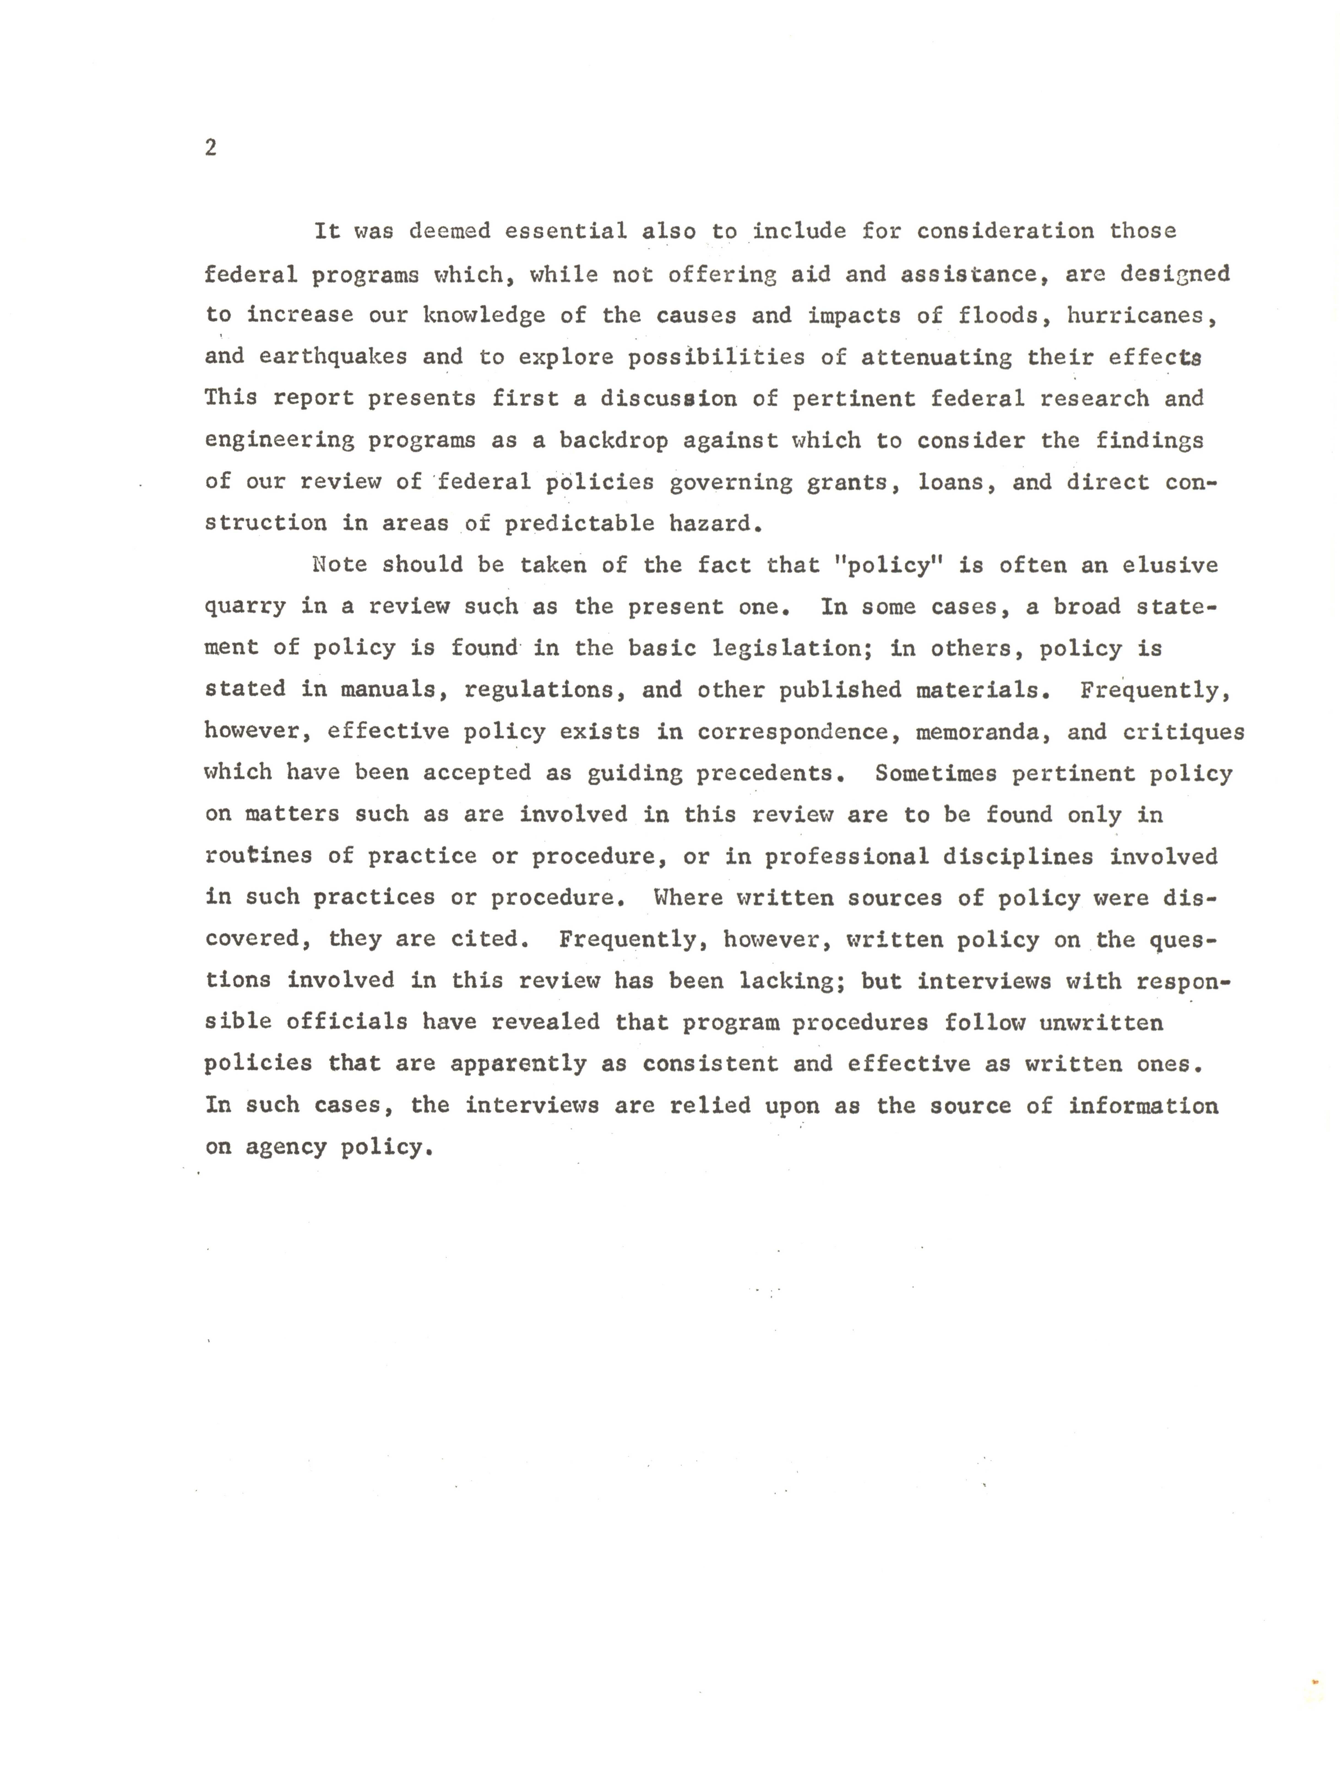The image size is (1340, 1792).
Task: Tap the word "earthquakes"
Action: pyautogui.click(x=333, y=357)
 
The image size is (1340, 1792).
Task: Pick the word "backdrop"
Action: pyautogui.click(x=613, y=441)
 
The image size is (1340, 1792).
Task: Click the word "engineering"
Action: pyautogui.click(x=279, y=441)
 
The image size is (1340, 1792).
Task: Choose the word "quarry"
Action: pyautogui.click(x=245, y=607)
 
